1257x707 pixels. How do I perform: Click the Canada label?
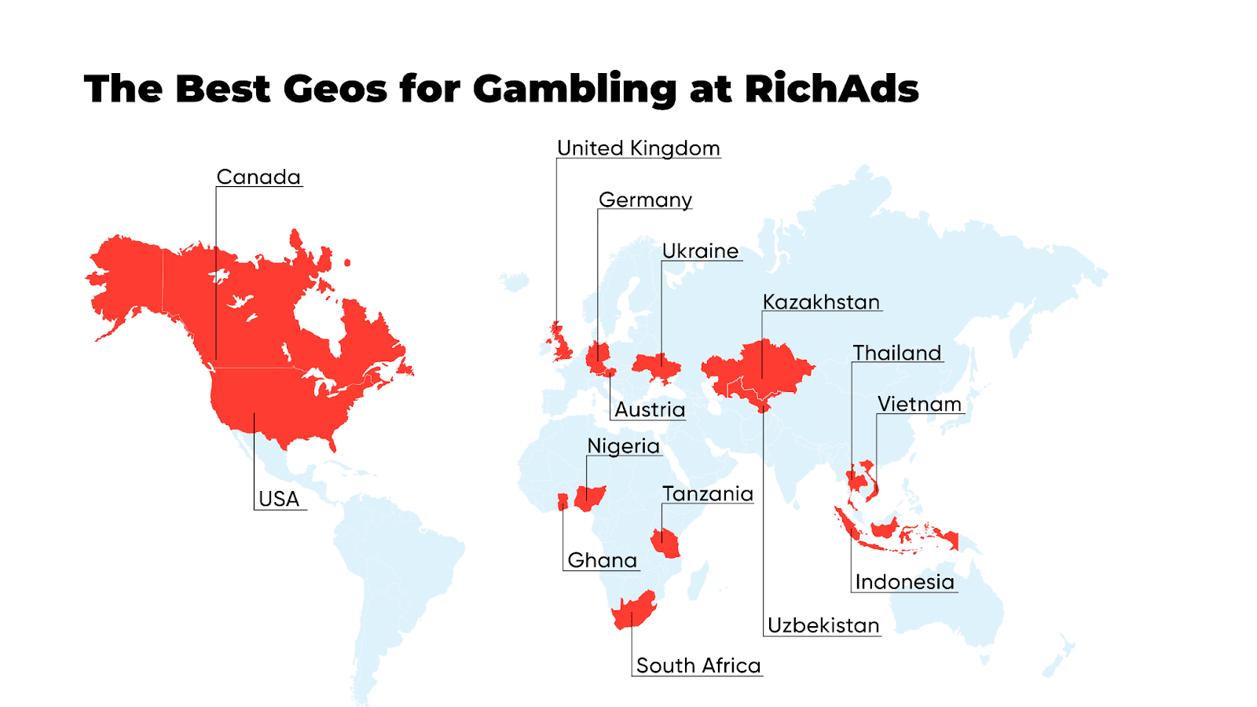[x=258, y=178]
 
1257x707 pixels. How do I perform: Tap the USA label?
[x=279, y=500]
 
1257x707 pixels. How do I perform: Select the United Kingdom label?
[x=638, y=148]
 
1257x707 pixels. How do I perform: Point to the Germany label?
[x=645, y=200]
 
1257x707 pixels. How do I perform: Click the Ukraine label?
[x=700, y=251]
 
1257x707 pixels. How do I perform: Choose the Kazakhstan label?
[x=821, y=302]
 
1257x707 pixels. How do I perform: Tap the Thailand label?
[x=897, y=353]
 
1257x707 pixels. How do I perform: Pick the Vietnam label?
[x=919, y=405]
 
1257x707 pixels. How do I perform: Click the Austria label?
[x=650, y=410]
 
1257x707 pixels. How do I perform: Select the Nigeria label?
[x=623, y=446]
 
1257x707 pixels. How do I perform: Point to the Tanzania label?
[x=707, y=494]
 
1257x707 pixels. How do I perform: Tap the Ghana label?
[x=602, y=561]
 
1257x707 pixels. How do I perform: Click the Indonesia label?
[x=904, y=582]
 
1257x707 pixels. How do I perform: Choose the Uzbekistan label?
[x=823, y=625]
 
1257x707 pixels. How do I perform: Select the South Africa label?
[x=698, y=666]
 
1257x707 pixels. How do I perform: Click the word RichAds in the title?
[x=831, y=89]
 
